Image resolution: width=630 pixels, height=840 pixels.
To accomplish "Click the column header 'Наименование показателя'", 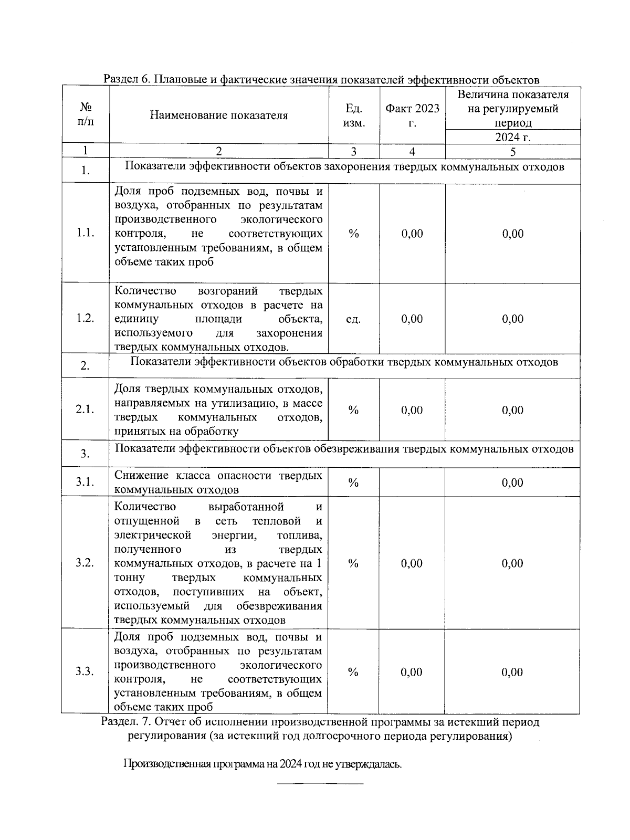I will coord(218,115).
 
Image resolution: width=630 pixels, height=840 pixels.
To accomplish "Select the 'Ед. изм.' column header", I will coord(354,115).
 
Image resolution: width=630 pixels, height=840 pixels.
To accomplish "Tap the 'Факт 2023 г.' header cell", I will coord(412,115).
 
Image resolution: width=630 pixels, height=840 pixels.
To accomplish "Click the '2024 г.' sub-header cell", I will coord(513,138).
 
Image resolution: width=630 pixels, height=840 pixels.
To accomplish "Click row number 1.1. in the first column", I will coord(86,234).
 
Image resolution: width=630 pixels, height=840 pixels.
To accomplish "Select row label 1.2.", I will coord(86,319).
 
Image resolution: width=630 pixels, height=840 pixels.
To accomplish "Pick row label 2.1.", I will coord(86,410).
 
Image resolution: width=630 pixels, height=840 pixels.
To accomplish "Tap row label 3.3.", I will coord(85,672).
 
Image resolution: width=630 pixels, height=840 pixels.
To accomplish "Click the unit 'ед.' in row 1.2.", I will coord(353,319).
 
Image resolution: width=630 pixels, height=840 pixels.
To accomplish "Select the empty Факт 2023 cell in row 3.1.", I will coord(412,482).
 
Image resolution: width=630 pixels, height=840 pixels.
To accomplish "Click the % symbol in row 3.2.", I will coord(353,563).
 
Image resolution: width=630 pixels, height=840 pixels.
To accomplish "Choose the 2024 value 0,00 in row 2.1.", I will coord(512,410).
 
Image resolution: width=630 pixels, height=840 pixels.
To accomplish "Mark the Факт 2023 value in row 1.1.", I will coord(412,234).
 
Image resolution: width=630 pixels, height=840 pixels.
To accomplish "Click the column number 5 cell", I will coord(513,152).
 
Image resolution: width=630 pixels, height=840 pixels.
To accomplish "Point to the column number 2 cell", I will coord(218,152).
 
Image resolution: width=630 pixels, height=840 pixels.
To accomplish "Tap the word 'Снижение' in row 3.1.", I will coord(138,476).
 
